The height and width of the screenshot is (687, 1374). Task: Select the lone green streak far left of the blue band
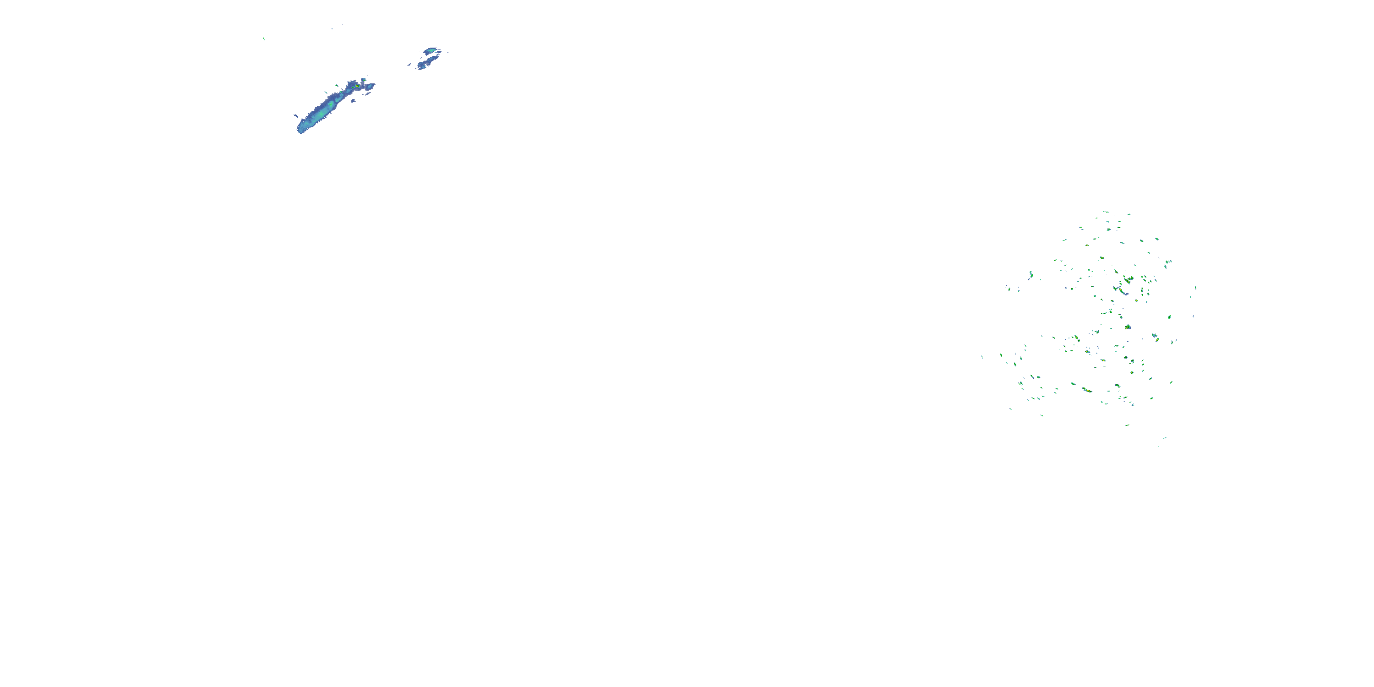click(264, 38)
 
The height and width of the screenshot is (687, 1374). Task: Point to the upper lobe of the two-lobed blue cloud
click(431, 51)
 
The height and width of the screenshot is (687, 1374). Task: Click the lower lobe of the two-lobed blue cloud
click(425, 64)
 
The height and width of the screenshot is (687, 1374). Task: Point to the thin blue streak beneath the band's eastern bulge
click(367, 94)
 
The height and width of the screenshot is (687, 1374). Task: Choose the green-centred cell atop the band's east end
click(364, 80)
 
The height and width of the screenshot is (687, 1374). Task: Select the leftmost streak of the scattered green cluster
click(982, 356)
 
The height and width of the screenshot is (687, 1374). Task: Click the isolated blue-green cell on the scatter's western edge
click(1030, 275)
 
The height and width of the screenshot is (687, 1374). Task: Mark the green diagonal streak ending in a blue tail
click(1122, 292)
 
